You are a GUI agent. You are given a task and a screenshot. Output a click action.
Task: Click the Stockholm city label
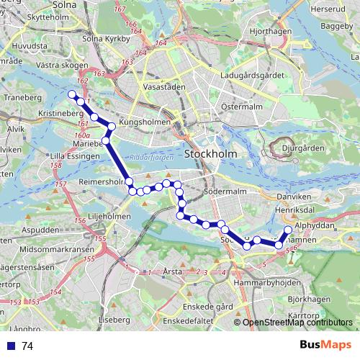point(216,154)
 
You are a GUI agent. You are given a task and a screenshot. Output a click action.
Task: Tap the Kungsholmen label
point(148,122)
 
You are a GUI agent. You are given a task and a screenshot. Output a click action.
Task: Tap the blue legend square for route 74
point(11,346)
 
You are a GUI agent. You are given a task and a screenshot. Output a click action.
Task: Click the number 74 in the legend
point(27,346)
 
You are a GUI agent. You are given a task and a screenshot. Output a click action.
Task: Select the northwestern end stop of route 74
point(71,94)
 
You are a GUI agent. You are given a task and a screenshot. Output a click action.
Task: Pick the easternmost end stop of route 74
point(288,230)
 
